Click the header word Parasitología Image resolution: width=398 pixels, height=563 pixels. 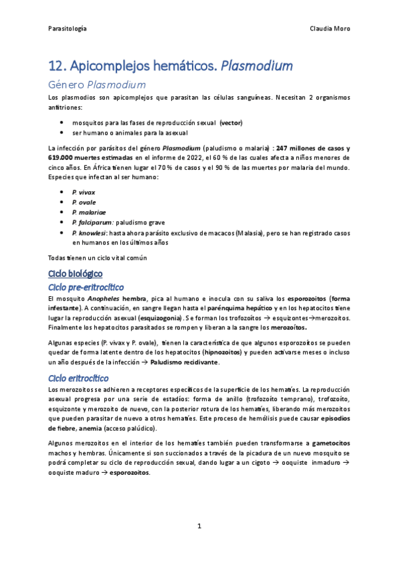[67, 29]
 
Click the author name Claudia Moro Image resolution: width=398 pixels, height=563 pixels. [330, 29]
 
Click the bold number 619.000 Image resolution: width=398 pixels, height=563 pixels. [62, 158]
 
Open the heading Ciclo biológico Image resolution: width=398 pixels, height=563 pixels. [76, 273]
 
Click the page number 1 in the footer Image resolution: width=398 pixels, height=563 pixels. [199, 526]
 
